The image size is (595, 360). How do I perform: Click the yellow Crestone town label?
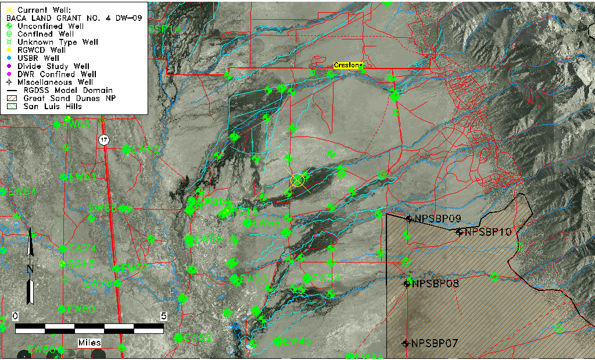pyautogui.click(x=348, y=66)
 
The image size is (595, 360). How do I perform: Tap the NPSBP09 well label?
pyautogui.click(x=438, y=219)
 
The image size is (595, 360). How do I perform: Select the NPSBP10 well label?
pyautogui.click(x=488, y=232)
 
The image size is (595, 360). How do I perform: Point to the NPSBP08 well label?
pyautogui.click(x=435, y=284)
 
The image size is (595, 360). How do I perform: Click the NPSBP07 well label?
pyautogui.click(x=435, y=343)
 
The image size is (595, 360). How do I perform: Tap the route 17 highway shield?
pyautogui.click(x=103, y=140)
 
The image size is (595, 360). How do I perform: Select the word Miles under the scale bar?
pyautogui.click(x=89, y=343)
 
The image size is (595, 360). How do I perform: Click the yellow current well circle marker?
pyautogui.click(x=297, y=180)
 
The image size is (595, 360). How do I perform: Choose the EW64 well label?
pyautogui.click(x=22, y=192)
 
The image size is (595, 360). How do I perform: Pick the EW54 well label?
pyautogui.click(x=326, y=278)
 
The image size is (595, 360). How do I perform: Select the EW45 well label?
pyautogui.click(x=297, y=341)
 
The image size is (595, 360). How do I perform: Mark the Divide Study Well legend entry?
pyautogui.click(x=53, y=66)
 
